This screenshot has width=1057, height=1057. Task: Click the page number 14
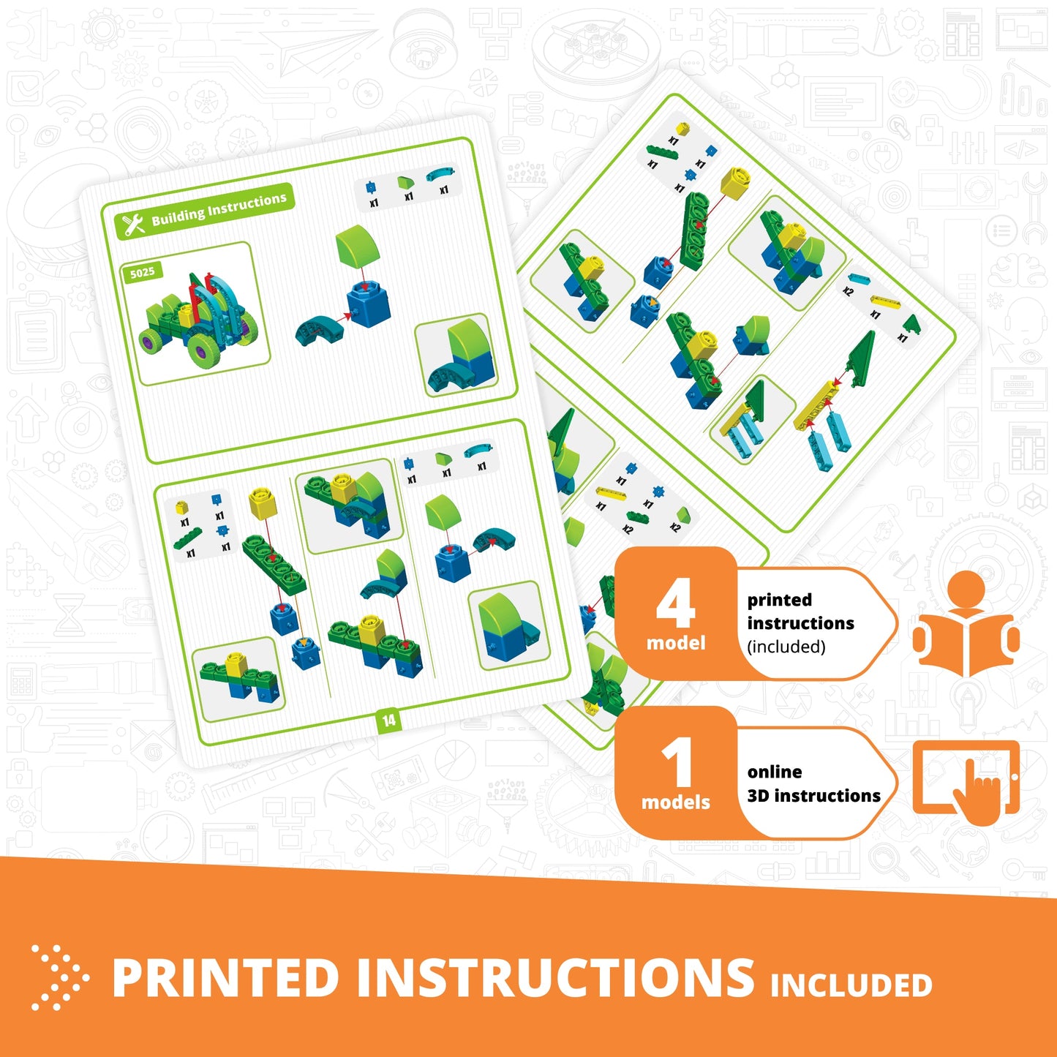tap(388, 721)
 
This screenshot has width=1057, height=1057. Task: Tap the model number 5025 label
tap(142, 273)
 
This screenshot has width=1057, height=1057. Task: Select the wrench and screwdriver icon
tap(134, 224)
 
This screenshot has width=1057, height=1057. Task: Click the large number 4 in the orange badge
tap(675, 605)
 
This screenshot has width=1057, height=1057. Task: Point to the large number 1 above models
tap(677, 762)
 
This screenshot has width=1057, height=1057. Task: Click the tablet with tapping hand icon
tap(966, 780)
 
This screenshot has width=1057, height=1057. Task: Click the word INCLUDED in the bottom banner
tap(851, 985)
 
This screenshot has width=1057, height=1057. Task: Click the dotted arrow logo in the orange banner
tap(59, 977)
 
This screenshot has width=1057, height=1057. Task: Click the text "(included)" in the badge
tap(786, 647)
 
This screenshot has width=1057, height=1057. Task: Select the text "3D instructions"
tap(813, 796)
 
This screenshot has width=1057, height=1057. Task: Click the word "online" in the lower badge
tap(775, 772)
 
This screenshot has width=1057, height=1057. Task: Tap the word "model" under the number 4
tap(676, 643)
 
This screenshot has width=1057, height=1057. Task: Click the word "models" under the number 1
tap(676, 802)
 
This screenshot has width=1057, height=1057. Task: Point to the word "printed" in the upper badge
tap(780, 600)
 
